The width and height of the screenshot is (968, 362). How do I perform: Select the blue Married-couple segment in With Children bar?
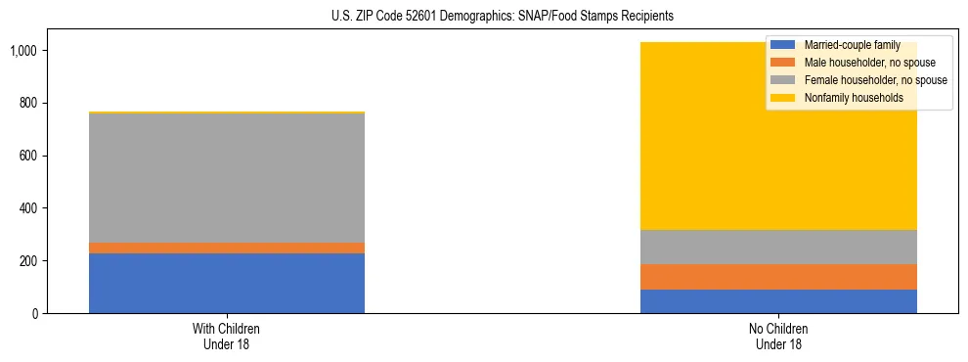click(227, 284)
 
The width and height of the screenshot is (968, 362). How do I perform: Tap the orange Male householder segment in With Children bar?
click(227, 249)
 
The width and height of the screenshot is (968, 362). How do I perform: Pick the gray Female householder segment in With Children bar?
click(227, 178)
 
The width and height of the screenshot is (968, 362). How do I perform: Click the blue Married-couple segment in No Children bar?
click(778, 301)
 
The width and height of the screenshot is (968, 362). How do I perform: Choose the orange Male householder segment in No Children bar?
click(778, 277)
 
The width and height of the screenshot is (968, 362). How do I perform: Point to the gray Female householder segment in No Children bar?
click(778, 248)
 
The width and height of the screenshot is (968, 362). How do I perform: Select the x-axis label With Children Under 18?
click(227, 337)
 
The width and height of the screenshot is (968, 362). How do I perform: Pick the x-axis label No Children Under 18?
click(778, 337)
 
